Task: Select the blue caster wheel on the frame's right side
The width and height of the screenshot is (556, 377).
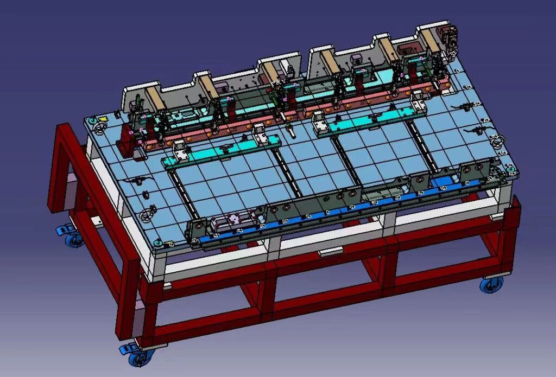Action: click(491, 284)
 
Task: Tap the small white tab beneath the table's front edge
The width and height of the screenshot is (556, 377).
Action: click(331, 251)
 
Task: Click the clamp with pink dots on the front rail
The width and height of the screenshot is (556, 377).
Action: click(235, 219)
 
